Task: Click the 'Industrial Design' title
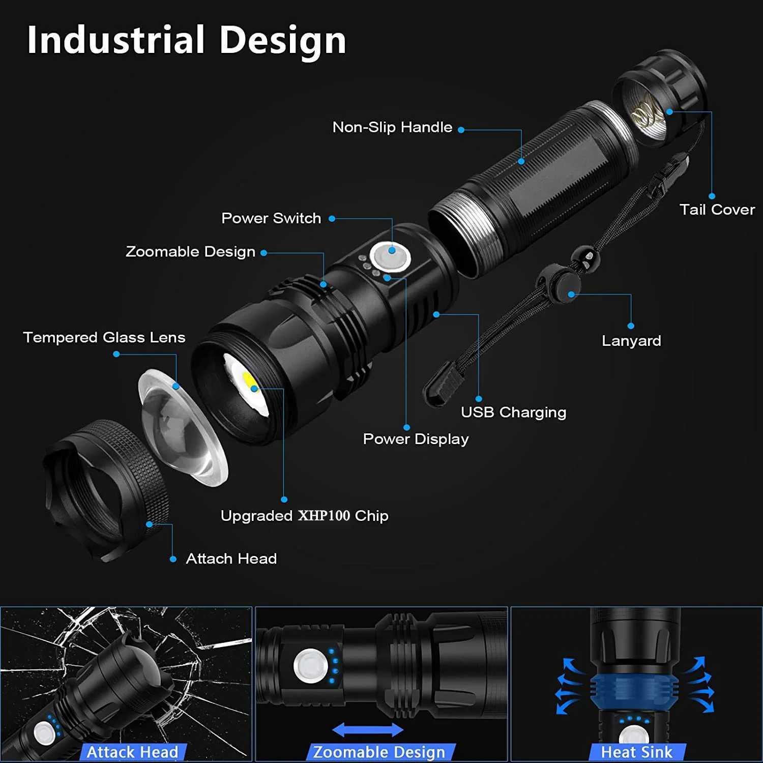click(186, 40)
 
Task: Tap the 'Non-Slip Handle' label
click(392, 127)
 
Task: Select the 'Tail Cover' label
click(717, 210)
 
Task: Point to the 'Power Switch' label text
click(271, 218)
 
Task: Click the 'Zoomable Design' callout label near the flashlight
click(190, 252)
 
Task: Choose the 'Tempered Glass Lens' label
click(104, 337)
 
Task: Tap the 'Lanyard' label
click(631, 341)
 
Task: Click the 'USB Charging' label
click(513, 412)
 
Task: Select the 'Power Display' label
click(416, 439)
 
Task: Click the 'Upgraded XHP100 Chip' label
click(304, 516)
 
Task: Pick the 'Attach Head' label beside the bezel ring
click(231, 559)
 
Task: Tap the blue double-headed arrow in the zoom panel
click(367, 730)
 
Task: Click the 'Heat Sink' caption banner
click(636, 752)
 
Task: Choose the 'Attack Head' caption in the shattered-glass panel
click(132, 752)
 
